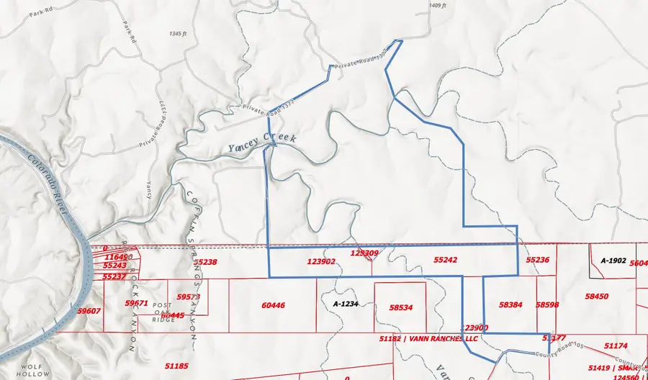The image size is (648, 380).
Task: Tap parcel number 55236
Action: pyautogui.click(x=538, y=260)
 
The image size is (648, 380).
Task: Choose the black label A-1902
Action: pyautogui.click(x=613, y=260)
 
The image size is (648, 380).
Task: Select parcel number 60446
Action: pyautogui.click(x=274, y=305)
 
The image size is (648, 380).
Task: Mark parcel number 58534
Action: pyautogui.click(x=401, y=307)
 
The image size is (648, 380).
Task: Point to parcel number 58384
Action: pyautogui.click(x=510, y=305)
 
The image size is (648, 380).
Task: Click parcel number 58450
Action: pyautogui.click(x=597, y=296)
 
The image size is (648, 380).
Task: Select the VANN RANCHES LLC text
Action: pyautogui.click(x=441, y=338)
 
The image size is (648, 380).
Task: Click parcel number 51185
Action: pyautogui.click(x=176, y=366)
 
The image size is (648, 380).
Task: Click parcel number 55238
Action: pyautogui.click(x=205, y=263)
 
